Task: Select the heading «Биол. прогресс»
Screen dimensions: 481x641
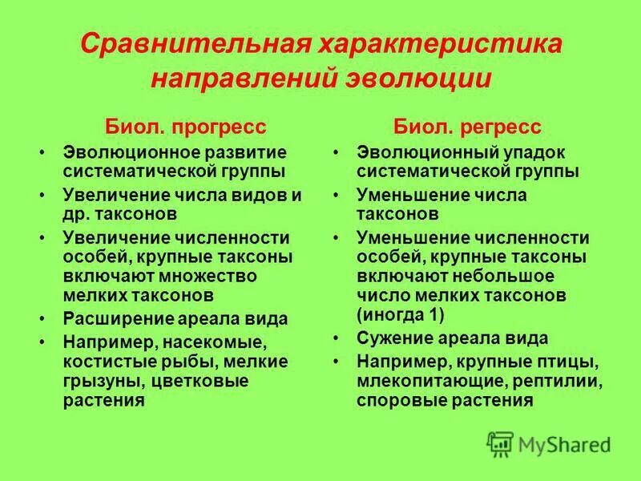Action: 186,127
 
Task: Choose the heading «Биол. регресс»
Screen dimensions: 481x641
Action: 467,127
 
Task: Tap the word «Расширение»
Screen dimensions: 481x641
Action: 119,318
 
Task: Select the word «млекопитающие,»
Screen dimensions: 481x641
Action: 430,380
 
